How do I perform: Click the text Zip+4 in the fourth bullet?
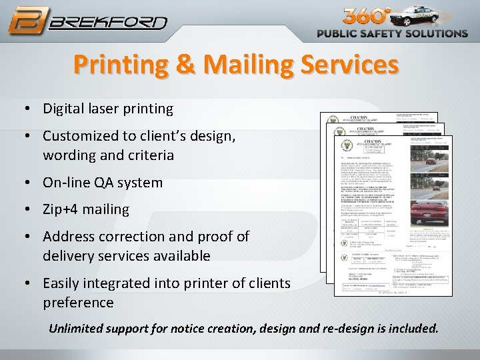pos(60,209)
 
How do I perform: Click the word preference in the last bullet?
pos(79,303)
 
